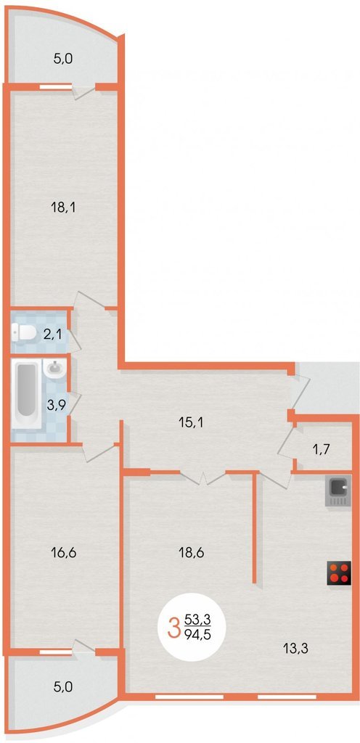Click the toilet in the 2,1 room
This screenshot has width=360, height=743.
pyautogui.click(x=24, y=333)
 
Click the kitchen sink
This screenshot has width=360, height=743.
pyautogui.click(x=337, y=492)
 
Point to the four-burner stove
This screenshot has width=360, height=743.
pyautogui.click(x=339, y=572)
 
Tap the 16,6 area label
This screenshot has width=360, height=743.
pyautogui.click(x=63, y=551)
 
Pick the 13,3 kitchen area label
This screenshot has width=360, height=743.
pyautogui.click(x=296, y=649)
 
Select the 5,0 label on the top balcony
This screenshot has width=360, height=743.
pyautogui.click(x=63, y=59)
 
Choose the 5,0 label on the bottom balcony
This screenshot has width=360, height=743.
pyautogui.click(x=63, y=686)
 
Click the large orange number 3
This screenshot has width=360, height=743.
pyautogui.click(x=174, y=626)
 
